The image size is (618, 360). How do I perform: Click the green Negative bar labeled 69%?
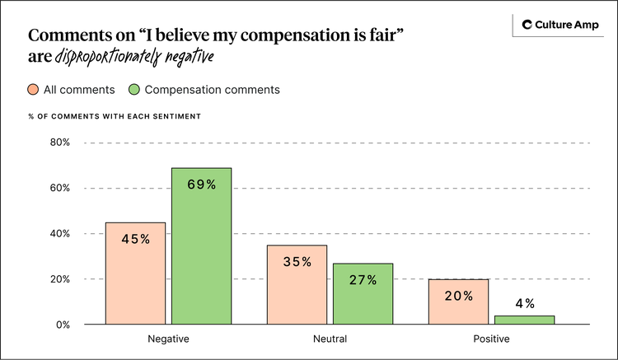coord(201,247)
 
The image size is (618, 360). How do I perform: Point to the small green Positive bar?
coord(525,320)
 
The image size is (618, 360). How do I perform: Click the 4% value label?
coord(525,304)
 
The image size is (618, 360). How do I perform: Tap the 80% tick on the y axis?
coord(59,143)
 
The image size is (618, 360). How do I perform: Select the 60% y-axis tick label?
coord(59,189)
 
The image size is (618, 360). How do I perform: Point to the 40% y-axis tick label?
coord(59,234)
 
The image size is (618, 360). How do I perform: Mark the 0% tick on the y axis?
coord(63,325)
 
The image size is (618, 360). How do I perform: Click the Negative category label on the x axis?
coord(167,339)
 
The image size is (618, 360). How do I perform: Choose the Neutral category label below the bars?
coord(330,339)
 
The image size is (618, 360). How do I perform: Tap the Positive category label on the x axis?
coord(491,339)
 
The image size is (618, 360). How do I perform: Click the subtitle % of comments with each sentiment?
coord(115,117)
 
